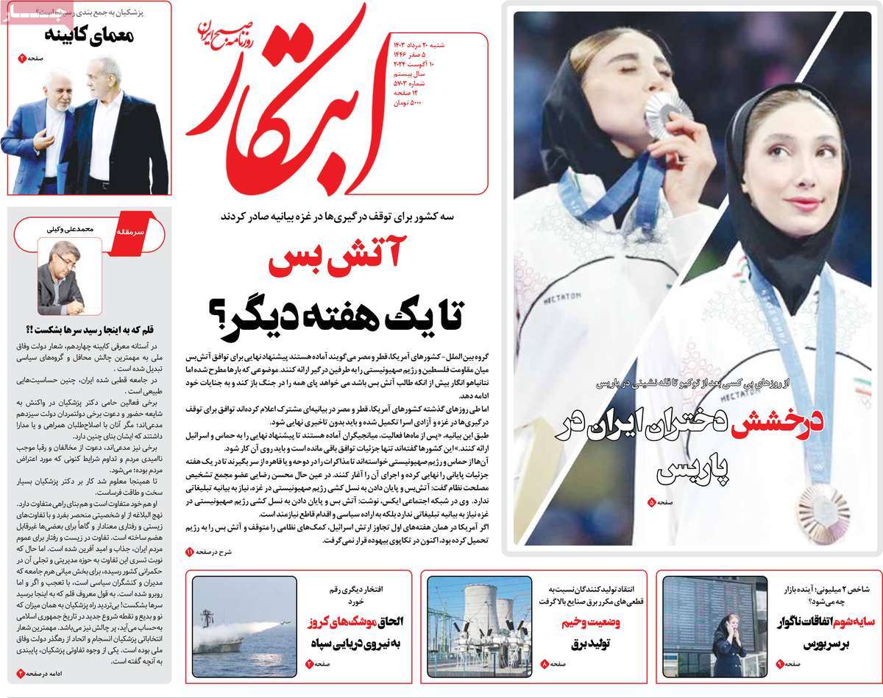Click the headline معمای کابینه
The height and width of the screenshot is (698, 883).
(x=88, y=35)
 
